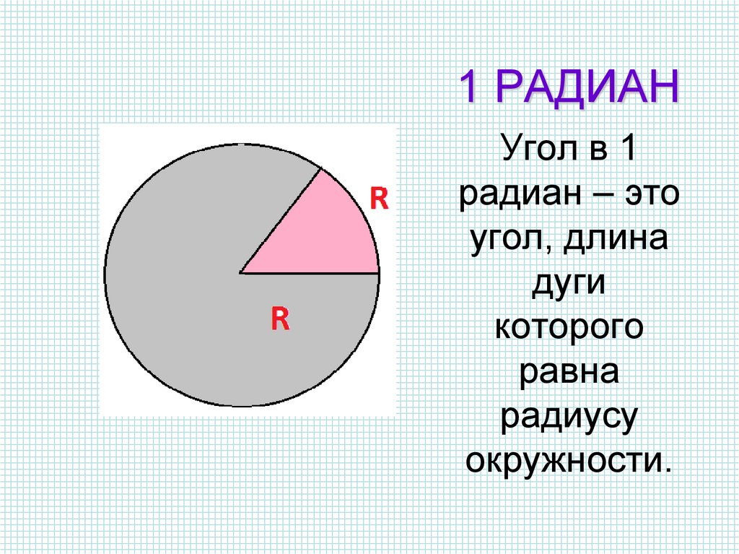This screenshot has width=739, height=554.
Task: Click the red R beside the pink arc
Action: (x=379, y=198)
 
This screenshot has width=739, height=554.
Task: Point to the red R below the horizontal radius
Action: (x=280, y=318)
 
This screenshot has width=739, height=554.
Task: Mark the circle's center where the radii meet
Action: (x=241, y=273)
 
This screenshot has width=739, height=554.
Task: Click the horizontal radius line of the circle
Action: (x=310, y=273)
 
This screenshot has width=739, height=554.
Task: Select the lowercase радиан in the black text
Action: (x=515, y=196)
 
